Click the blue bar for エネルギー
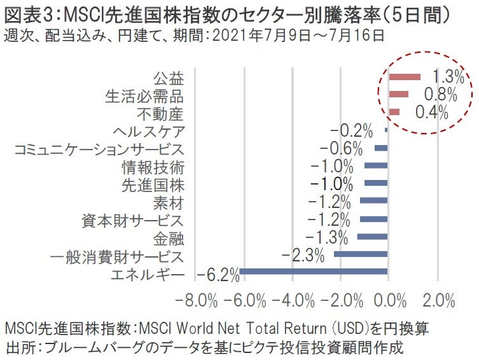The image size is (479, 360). [x=313, y=272]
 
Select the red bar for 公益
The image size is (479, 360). [x=405, y=77]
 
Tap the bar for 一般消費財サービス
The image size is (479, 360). [x=361, y=254]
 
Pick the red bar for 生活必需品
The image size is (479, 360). [x=398, y=95]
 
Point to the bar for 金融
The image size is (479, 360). [x=372, y=237]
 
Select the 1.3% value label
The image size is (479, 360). [x=448, y=77]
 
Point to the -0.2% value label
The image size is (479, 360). [x=352, y=131]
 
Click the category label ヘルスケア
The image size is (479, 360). [x=148, y=132]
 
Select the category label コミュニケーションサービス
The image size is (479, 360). [x=99, y=150]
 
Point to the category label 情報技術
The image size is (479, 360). [x=153, y=168]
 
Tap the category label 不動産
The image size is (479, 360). [x=160, y=114]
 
